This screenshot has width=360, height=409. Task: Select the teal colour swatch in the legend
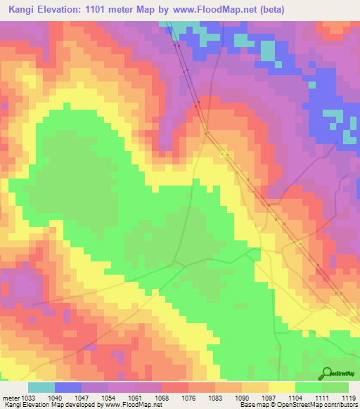[41, 387]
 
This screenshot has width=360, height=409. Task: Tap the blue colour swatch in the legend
[68, 387]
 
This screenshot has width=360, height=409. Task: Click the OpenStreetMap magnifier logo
[328, 373]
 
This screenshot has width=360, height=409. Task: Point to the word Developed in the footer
[75, 405]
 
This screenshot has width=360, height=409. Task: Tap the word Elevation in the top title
[65, 10]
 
